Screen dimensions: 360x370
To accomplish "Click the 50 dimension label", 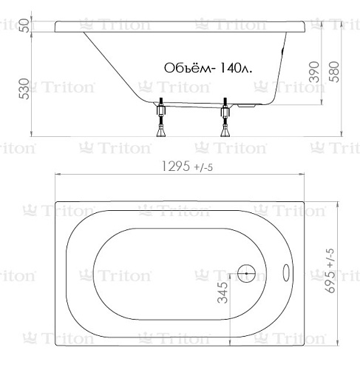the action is (x=24, y=26).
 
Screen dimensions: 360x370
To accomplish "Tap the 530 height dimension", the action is (x=24, y=89).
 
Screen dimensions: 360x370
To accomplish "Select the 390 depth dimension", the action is (x=314, y=72).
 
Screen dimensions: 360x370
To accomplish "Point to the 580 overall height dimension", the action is (x=334, y=72).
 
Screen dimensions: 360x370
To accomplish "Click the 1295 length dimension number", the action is (x=176, y=166).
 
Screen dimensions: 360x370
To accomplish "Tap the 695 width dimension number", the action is (x=330, y=280).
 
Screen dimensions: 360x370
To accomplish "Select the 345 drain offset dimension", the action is (x=223, y=292).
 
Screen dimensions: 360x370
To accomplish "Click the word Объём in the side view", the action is (x=188, y=67).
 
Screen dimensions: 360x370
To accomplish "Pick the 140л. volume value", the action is (x=235, y=67).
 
